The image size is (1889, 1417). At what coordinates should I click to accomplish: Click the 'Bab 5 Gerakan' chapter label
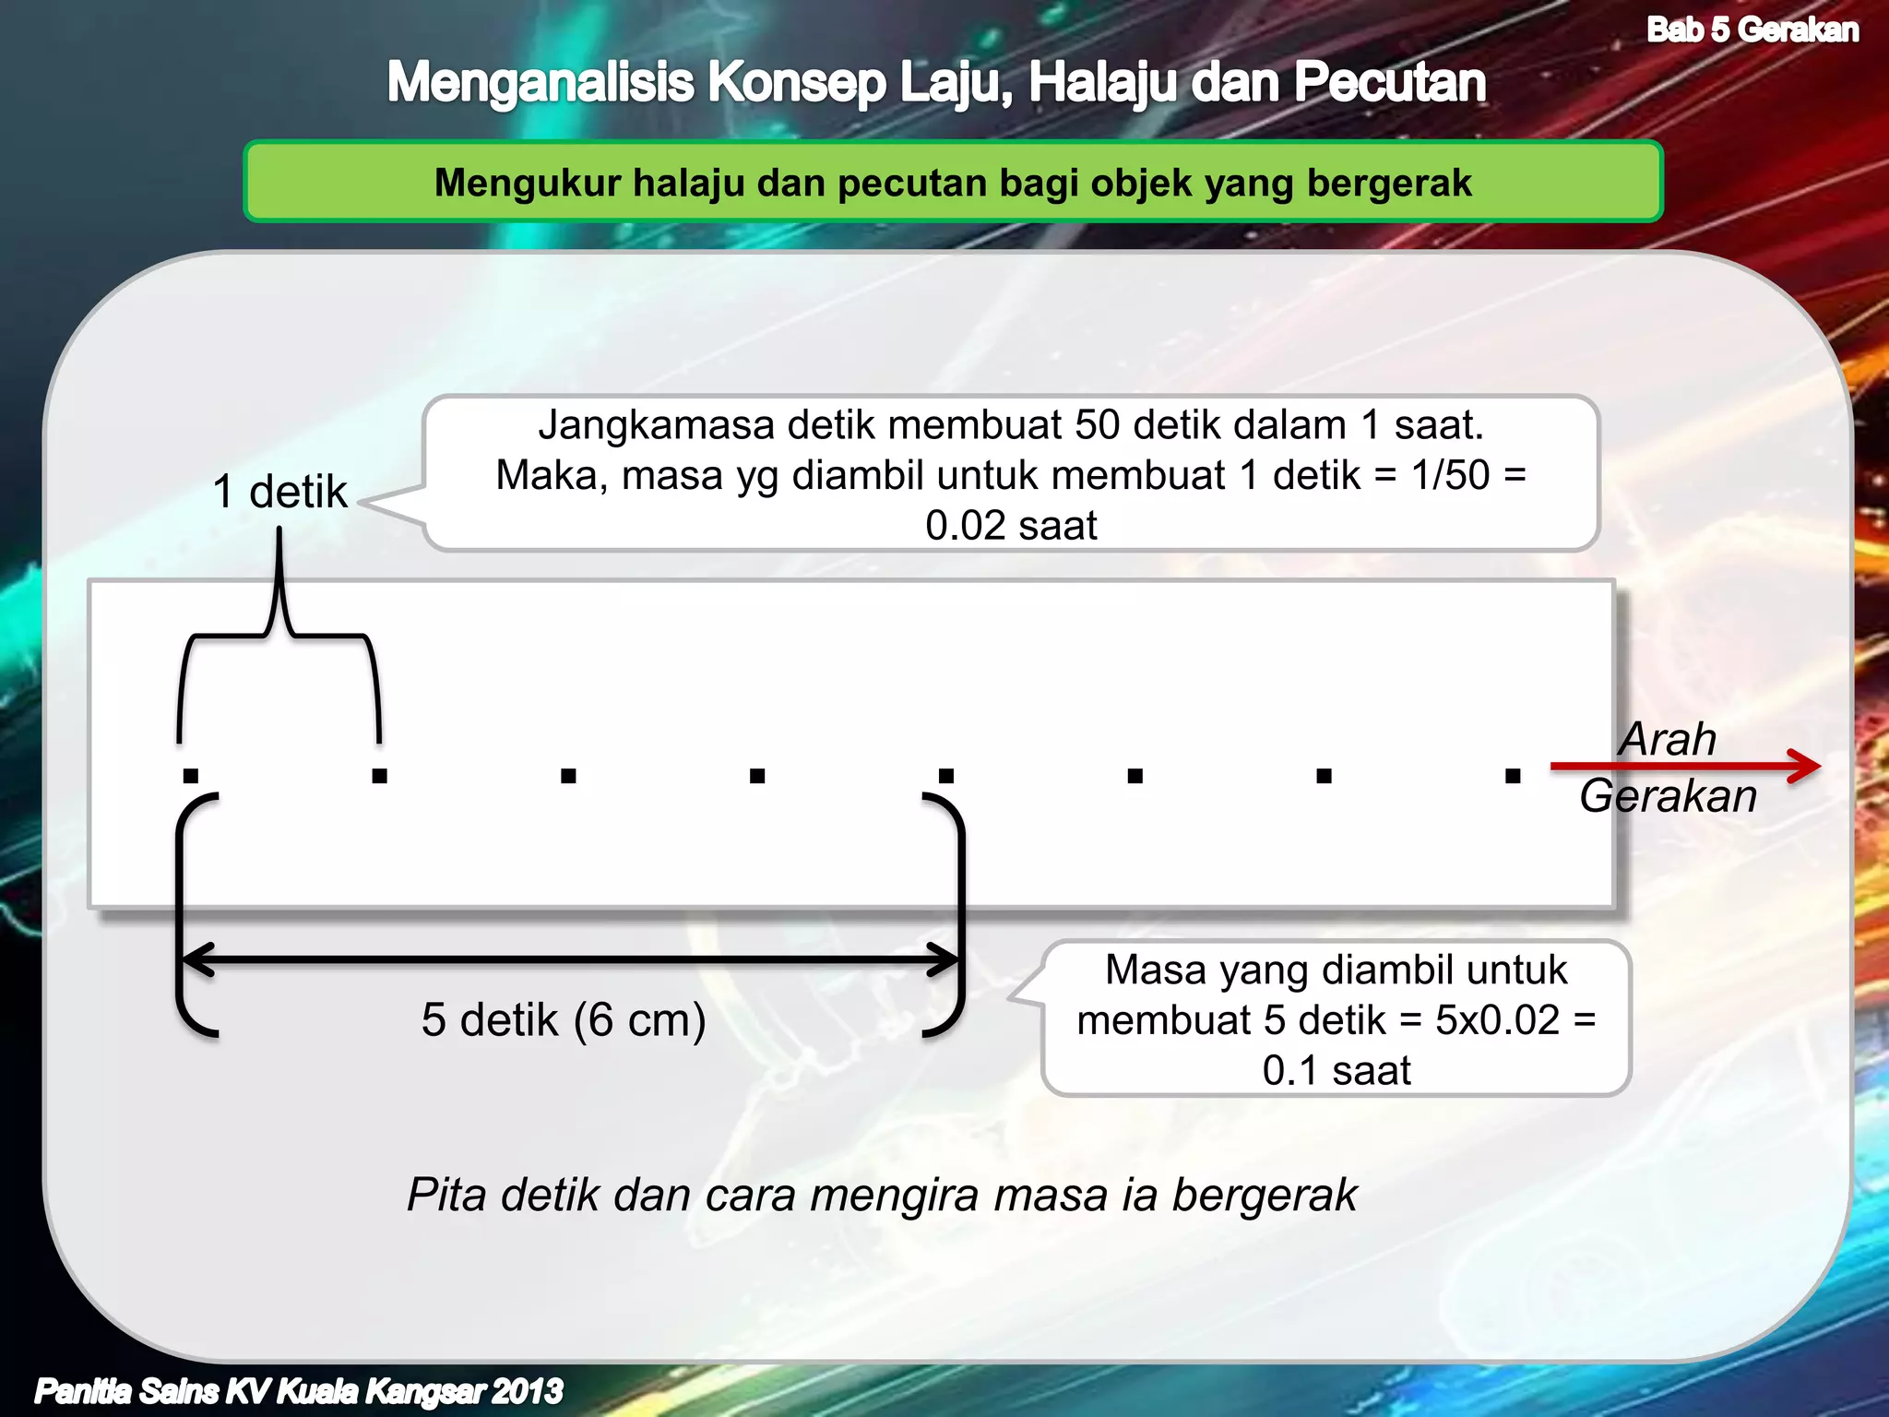[x=1752, y=30]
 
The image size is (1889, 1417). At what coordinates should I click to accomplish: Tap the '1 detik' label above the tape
[x=279, y=492]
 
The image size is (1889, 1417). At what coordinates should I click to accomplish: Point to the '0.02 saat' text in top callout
[x=1011, y=526]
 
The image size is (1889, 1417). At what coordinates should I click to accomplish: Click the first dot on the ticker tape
[x=191, y=776]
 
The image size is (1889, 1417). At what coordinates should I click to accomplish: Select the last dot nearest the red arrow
[x=1513, y=776]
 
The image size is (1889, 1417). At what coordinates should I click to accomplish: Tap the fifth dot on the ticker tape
[x=946, y=776]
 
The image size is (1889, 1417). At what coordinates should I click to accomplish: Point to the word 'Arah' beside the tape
[x=1668, y=739]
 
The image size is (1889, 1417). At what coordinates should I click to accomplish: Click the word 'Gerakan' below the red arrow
[x=1668, y=796]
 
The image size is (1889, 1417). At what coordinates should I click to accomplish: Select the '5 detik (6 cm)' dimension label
[x=564, y=1020]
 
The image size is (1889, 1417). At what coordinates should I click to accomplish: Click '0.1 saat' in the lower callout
[x=1337, y=1071]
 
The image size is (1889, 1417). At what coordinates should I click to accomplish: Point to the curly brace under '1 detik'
[x=279, y=637]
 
